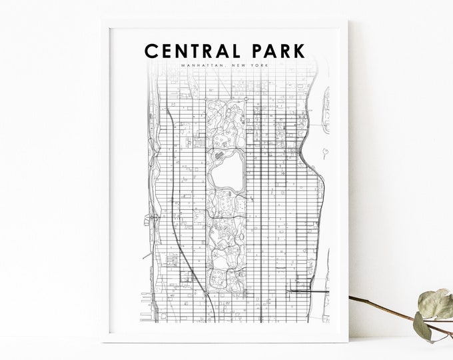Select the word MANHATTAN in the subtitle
tap(201, 66)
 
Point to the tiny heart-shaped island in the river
tap(324, 153)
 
